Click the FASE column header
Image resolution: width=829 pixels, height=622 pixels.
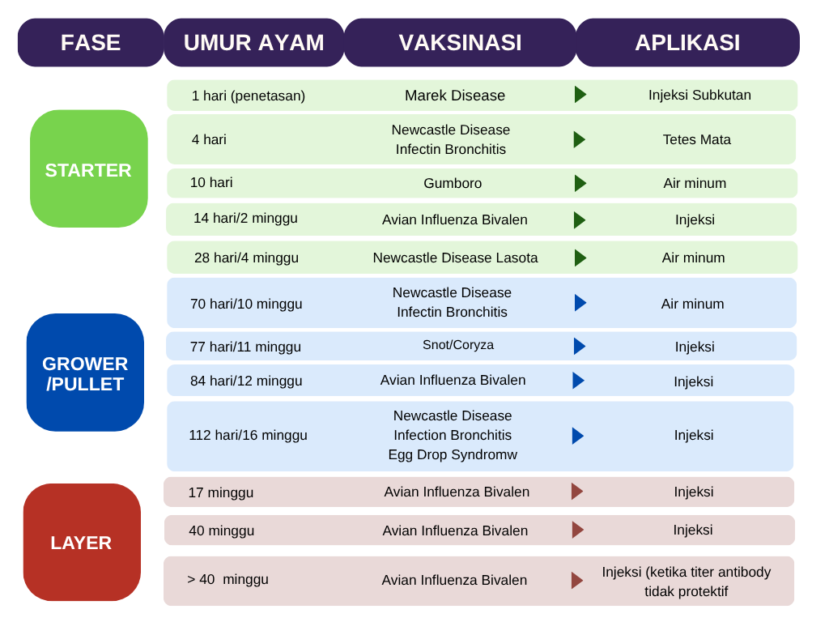(91, 43)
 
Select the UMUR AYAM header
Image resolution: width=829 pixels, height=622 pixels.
(253, 43)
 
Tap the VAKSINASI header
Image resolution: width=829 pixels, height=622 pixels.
(460, 43)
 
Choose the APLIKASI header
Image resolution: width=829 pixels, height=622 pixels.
(687, 43)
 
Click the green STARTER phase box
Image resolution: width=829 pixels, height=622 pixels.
(89, 168)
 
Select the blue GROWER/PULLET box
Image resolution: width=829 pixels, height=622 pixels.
(85, 373)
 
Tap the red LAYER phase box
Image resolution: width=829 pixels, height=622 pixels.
(82, 542)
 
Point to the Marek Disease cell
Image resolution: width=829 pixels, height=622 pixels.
(455, 96)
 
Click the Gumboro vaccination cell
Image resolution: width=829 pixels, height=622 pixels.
(453, 184)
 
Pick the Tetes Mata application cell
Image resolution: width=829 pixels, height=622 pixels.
(697, 139)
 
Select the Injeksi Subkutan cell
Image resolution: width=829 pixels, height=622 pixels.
(699, 96)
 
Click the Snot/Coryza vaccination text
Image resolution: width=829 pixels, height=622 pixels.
(458, 345)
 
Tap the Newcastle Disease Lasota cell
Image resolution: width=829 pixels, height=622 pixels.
(455, 258)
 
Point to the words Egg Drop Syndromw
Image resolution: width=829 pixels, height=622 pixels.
(453, 455)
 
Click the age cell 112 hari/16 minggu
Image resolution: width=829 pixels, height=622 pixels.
(248, 435)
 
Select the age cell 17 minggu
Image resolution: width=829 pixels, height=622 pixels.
(221, 493)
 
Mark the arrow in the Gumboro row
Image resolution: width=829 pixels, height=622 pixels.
(580, 184)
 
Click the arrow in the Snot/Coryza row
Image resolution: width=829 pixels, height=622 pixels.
(580, 347)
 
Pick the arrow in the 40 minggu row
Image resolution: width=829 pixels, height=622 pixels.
(578, 530)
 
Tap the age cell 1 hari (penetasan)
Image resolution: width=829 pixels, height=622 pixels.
(249, 96)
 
